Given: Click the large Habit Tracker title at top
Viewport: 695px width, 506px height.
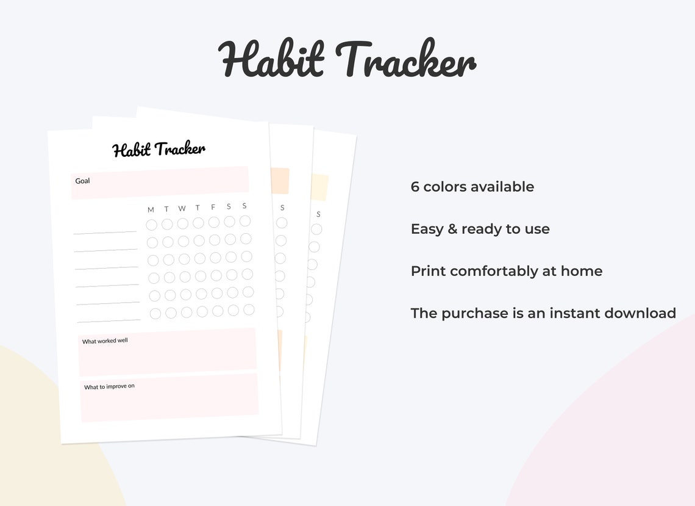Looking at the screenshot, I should [x=346, y=59].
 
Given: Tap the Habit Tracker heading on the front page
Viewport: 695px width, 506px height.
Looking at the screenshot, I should [x=159, y=149].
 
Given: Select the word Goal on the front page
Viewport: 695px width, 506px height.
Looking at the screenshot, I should [x=82, y=181].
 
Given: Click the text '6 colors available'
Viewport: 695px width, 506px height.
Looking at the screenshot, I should [x=472, y=187].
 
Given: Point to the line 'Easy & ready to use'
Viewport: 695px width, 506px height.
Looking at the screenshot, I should [x=480, y=229].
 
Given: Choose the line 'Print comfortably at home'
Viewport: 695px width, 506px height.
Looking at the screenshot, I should [x=506, y=271].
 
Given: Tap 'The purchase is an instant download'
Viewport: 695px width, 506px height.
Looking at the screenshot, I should [x=543, y=313].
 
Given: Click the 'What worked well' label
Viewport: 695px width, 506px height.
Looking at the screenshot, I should [x=105, y=341].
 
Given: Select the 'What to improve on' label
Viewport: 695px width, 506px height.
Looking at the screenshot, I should [x=109, y=387].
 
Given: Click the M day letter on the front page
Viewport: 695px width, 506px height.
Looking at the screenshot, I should [x=151, y=210].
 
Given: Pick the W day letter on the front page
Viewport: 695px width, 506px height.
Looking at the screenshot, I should [x=182, y=209].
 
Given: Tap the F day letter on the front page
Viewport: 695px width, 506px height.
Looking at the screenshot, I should [x=213, y=207].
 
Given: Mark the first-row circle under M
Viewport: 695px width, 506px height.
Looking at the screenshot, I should [x=151, y=225].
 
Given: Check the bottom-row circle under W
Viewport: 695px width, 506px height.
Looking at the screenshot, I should [x=187, y=313].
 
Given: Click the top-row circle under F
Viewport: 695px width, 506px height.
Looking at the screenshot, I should [x=214, y=222].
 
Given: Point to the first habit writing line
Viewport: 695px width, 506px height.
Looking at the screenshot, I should [x=105, y=233].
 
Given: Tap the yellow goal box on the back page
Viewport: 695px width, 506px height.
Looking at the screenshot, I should [x=320, y=187].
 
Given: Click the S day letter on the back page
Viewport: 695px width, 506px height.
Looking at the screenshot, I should [x=318, y=214].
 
